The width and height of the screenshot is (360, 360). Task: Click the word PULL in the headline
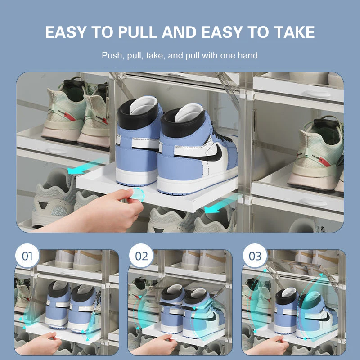(137, 32)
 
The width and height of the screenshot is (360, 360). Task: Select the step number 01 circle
(27, 256)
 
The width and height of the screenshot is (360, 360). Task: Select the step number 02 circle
(141, 256)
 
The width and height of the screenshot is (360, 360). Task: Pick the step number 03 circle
(255, 256)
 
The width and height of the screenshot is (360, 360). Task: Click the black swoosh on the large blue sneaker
(217, 153)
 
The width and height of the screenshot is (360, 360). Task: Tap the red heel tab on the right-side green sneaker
(324, 162)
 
